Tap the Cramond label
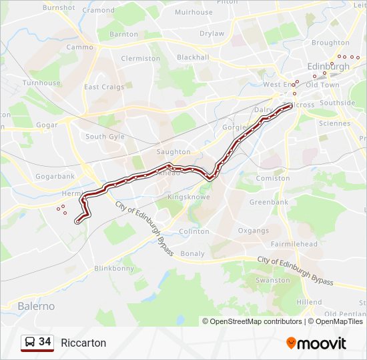click(98, 11)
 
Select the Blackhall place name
click(193, 57)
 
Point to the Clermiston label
click(140, 59)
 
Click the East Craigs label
click(104, 87)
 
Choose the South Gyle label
click(105, 137)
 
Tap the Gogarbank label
click(55, 177)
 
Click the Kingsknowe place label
click(188, 197)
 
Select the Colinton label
click(194, 232)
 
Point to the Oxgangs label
click(254, 231)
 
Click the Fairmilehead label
click(294, 245)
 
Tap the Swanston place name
click(273, 281)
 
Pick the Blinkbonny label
click(114, 269)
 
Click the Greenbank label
click(269, 202)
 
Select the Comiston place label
click(273, 179)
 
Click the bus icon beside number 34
click(29, 343)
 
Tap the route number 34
click(45, 342)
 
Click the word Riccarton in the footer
click(83, 343)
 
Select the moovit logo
click(316, 343)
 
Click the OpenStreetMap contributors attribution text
click(256, 321)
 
